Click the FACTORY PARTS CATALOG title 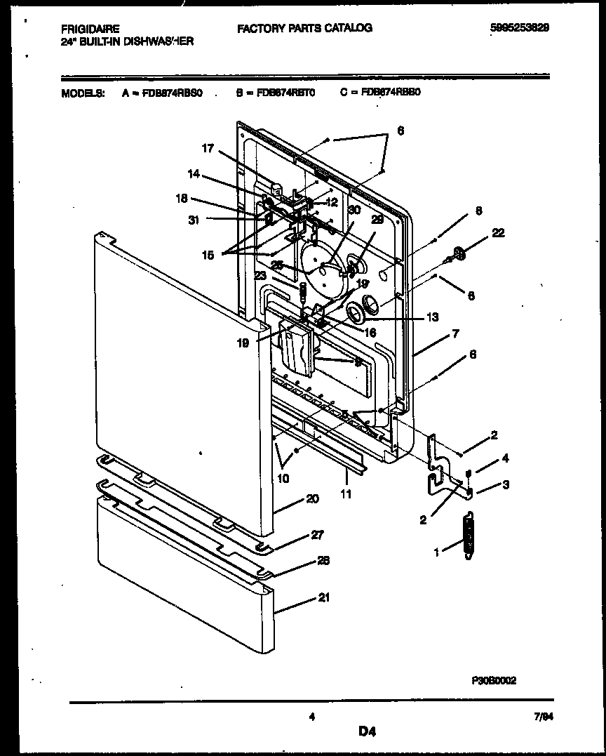[304, 28]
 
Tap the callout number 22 [498, 233]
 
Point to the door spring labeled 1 [465, 538]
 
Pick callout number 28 [323, 560]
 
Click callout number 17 [208, 148]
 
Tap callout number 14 [194, 174]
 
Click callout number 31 [194, 220]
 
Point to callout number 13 [433, 317]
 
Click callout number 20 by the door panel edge [312, 498]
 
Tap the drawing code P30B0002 [494, 680]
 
